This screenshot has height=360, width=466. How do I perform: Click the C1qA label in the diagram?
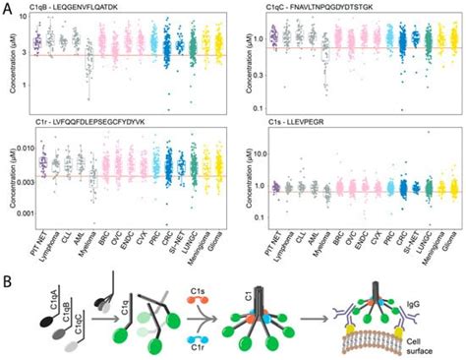(24, 289)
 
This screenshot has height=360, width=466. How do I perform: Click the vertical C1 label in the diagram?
(271, 291)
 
